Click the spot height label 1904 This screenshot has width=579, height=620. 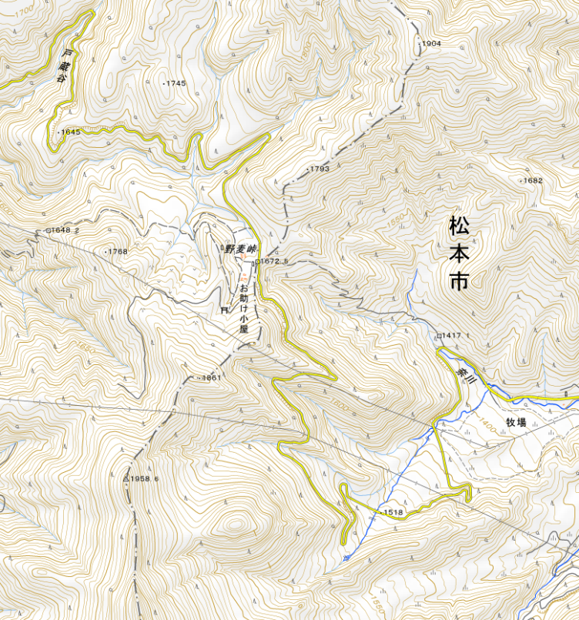point(431,44)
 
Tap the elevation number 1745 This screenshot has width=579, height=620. point(176,83)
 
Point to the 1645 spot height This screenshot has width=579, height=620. point(70,132)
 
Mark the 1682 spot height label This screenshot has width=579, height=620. point(532,180)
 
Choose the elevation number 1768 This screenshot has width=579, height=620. point(117,252)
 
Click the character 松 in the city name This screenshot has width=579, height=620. point(459,226)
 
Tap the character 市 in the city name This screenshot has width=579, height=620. point(459,281)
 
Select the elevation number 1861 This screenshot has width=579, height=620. point(211,378)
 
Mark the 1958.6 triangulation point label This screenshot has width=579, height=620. point(144,479)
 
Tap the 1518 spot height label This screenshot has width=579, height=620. point(393,512)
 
